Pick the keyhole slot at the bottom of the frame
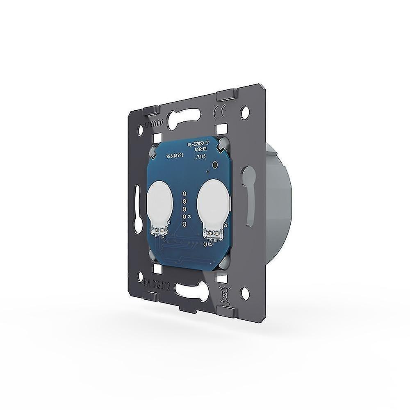(193, 289)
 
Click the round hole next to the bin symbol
(245, 293)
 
